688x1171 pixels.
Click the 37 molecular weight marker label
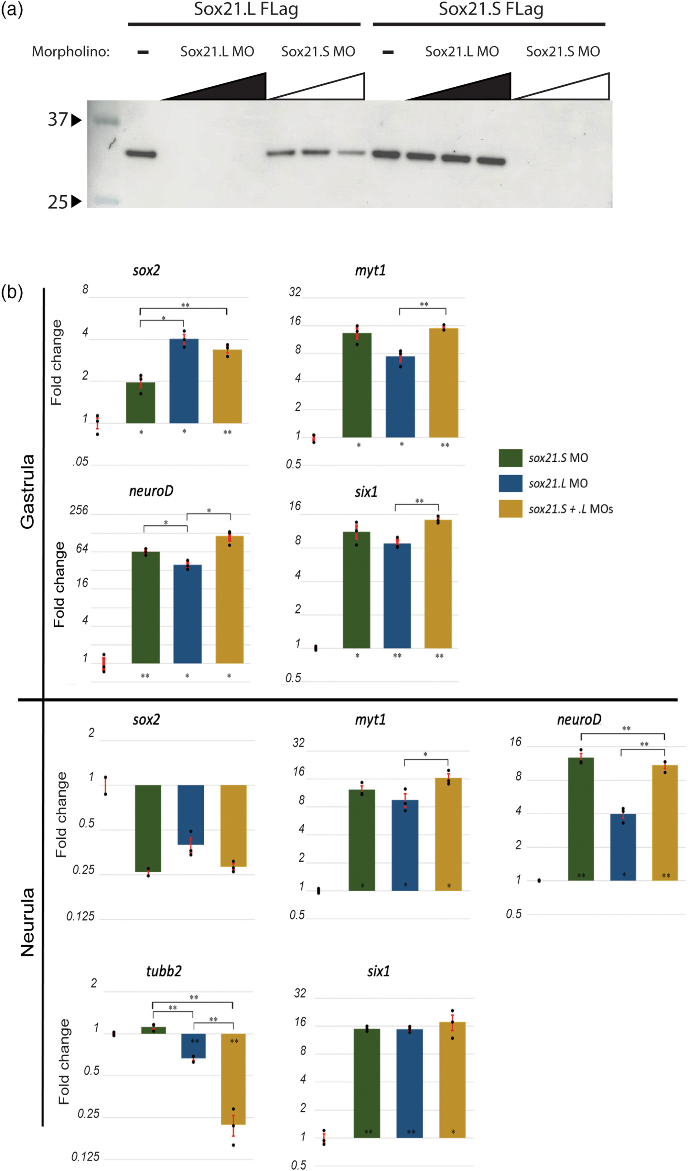(58, 120)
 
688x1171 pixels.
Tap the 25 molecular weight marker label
(58, 202)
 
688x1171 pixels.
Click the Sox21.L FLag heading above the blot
(246, 9)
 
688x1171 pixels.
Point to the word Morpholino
(70, 52)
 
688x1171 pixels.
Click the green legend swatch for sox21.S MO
(510, 458)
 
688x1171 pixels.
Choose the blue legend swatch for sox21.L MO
(510, 483)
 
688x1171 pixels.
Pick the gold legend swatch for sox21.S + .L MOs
(510, 509)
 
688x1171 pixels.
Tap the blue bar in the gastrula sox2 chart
(184, 381)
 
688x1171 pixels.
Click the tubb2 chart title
(164, 971)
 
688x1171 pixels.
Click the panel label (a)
(12, 9)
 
